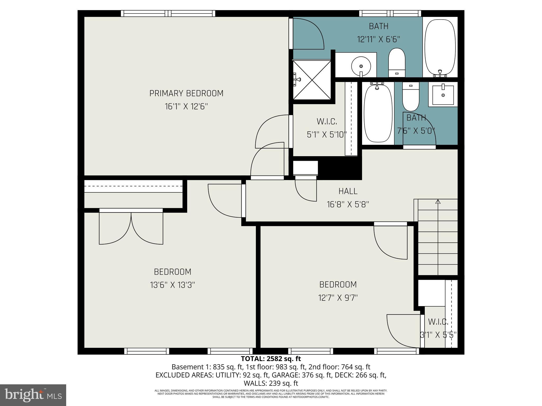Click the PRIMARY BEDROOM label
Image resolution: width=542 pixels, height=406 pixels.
186,93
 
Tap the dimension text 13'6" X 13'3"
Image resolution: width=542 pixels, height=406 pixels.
173,285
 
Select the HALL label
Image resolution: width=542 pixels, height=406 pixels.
348,191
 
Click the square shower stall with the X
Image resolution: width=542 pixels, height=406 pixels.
312,80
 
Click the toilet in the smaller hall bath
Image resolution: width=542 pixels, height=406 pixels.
411,96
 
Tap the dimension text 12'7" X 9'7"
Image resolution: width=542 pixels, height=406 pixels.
338,298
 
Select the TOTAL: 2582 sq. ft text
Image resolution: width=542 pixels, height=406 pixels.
271,359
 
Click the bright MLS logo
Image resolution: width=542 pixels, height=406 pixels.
33,395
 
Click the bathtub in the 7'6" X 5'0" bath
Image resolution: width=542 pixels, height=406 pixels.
378,113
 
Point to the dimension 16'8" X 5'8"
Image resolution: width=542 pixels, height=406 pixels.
348,204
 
